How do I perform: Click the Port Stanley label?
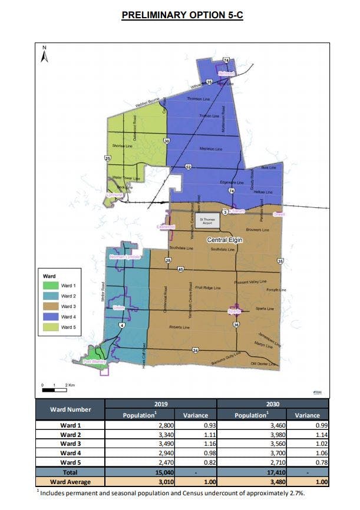click(x=94, y=361)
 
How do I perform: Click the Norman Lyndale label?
click(x=125, y=257)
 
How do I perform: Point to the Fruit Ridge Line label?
click(x=208, y=287)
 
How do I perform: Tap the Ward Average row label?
click(x=70, y=481)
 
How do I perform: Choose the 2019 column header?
click(x=161, y=403)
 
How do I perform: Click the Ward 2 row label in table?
click(x=70, y=434)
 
